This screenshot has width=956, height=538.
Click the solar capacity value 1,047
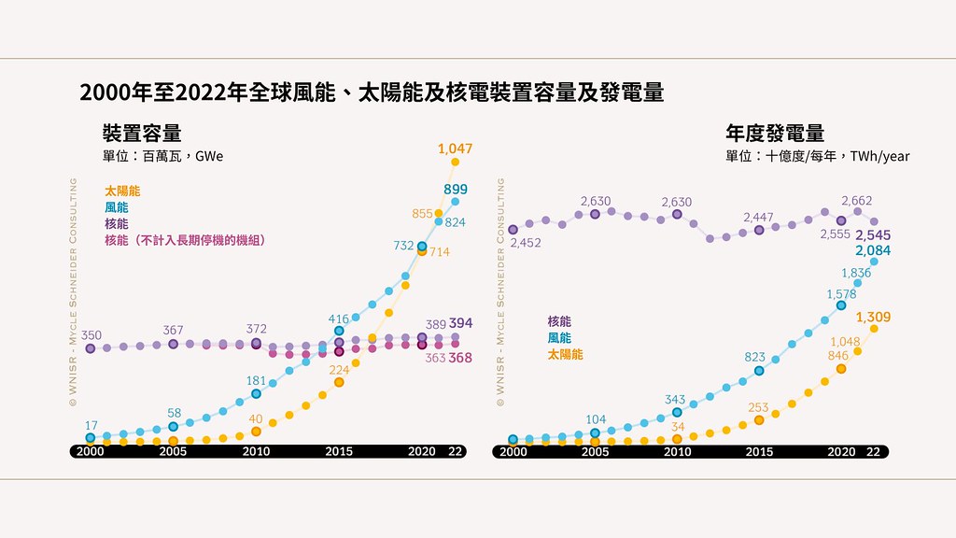coord(455,149)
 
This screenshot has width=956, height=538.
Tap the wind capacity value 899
coord(456,189)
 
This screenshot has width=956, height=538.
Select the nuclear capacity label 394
coord(461,323)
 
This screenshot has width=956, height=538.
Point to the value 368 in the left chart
coord(460,358)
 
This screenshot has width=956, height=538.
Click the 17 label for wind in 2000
coord(91,425)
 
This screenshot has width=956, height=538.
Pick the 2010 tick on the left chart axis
coord(256,451)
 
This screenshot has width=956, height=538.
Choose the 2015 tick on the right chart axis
coord(759,451)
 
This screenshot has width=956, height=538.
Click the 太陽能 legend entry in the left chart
coord(122,191)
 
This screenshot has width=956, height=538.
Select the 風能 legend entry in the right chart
coord(559,338)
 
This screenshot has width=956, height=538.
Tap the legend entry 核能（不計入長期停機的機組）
coord(186,240)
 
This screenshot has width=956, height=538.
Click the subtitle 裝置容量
coord(142,133)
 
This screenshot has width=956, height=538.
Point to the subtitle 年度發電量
coord(775,133)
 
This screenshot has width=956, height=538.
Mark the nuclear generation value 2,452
coord(526,243)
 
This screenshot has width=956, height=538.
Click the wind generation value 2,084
coord(873,250)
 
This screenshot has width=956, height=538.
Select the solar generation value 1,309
coord(873,318)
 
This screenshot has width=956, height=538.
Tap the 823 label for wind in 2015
coord(754,357)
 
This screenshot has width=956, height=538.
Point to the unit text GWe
coord(209,156)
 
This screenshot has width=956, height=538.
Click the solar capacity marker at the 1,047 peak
coord(455,162)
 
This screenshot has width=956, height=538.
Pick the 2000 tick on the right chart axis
coord(513,451)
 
